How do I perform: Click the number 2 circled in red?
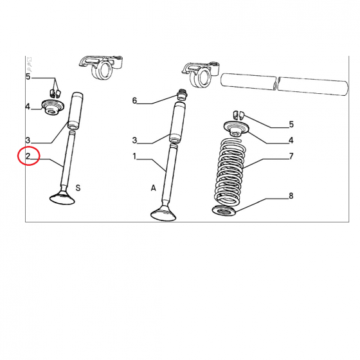pos(28,156)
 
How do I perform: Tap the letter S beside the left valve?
pos(78,188)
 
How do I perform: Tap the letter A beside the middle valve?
pos(154,188)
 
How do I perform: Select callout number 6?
pos(134,100)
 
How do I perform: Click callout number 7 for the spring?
pos(291,156)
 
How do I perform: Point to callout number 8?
pos(291,196)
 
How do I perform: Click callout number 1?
pos(134,156)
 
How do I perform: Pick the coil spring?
pos(230,172)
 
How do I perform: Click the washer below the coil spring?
pos(224,211)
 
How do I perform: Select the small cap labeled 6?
pos(183,94)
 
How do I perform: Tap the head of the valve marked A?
pos(163,214)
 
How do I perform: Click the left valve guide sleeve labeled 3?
pos(75,111)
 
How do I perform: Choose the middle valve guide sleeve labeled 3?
pos(177,123)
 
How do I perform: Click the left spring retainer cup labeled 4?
pos(52,107)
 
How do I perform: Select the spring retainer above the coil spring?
pos(236,129)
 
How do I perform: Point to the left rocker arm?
pos(100,67)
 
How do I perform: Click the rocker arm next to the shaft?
pos(201,74)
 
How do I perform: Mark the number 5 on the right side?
pos(291,125)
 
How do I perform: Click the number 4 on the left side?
pos(28,107)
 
